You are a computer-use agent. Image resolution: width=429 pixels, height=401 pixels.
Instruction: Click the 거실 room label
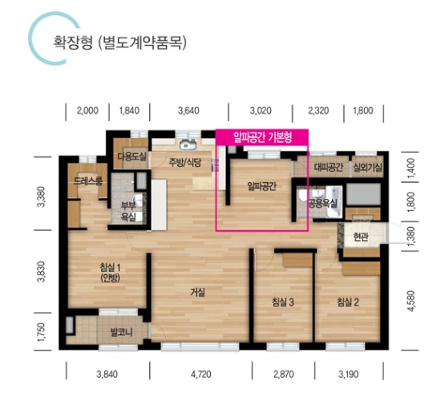point(197,293)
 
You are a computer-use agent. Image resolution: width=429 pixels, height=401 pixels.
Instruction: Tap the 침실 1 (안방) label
point(110,273)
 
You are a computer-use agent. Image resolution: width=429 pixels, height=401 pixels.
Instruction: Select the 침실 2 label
point(347,302)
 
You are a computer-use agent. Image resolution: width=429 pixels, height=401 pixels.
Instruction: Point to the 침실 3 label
point(283,302)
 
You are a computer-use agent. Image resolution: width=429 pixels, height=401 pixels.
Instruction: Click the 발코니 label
point(121,333)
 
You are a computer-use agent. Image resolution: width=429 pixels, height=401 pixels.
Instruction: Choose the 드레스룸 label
point(88,180)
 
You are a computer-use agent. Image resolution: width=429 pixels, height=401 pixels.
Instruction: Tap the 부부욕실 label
point(128,212)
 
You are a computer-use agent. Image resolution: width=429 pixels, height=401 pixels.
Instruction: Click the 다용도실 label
point(132,157)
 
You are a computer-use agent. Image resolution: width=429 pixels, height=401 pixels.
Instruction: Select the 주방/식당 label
point(185,163)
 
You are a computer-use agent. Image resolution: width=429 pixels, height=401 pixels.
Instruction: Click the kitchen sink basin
point(187,144)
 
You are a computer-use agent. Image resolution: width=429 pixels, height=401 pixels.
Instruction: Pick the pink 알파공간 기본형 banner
point(262,138)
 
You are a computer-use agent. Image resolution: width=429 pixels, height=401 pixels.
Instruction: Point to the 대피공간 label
point(328,168)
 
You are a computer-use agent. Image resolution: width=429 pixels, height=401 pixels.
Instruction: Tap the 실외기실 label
point(367,168)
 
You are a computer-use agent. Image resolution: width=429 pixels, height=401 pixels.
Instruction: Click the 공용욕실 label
point(322,203)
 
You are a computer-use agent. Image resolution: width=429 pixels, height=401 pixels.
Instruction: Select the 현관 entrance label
point(361,237)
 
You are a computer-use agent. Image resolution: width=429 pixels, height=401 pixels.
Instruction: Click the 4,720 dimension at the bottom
point(200,375)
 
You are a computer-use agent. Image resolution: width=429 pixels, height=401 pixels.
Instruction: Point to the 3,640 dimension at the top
point(188,111)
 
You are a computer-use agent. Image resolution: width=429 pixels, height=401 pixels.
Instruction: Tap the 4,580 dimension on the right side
point(411,301)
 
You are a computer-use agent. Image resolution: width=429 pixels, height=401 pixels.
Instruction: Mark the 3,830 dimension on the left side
point(42,272)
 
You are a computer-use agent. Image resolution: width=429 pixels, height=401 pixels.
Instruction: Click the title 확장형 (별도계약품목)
point(119,43)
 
